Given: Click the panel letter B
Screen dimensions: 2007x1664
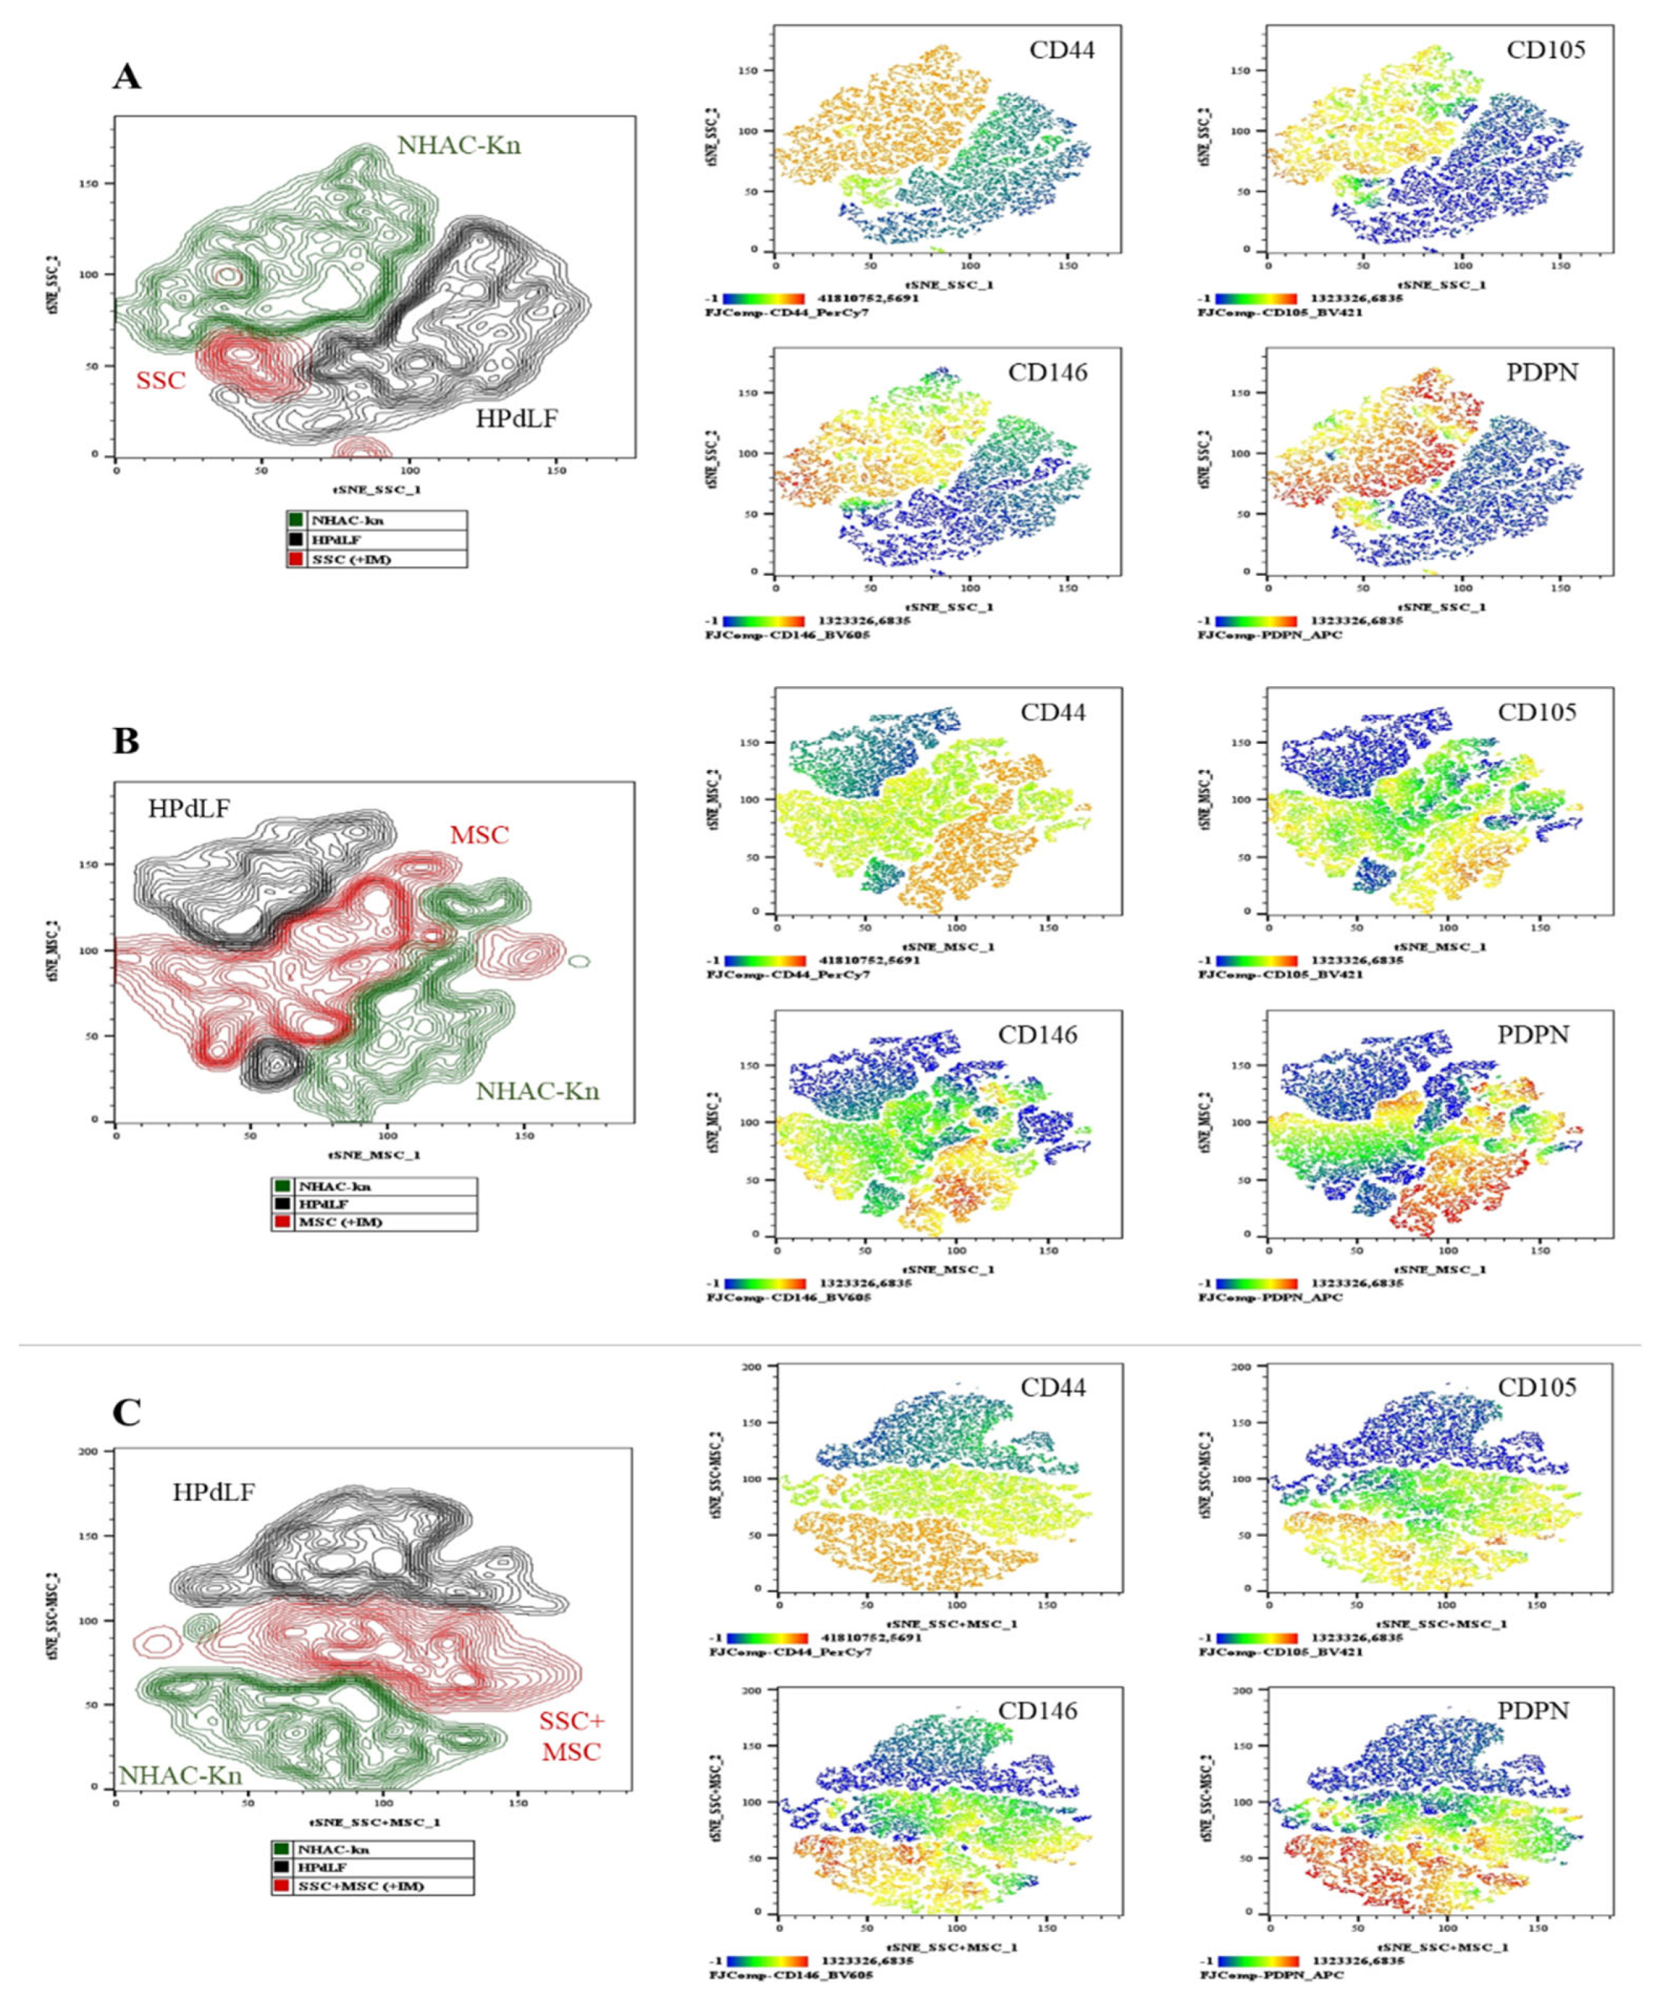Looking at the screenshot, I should point(126,741).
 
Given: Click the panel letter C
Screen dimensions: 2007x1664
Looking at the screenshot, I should point(127,1412).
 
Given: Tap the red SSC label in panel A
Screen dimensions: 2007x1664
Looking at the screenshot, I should point(160,380).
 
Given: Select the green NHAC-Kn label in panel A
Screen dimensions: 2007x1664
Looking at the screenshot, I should point(459,146).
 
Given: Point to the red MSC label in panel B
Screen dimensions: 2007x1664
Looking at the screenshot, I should point(479,834).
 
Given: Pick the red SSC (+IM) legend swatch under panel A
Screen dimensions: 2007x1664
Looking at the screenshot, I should point(296,559).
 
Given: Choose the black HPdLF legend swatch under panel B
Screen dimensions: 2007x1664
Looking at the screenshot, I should point(282,1204).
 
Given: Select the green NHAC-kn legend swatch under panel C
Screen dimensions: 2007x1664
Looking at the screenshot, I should point(282,1850).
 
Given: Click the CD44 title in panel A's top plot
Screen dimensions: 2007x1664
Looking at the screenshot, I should point(1061,49).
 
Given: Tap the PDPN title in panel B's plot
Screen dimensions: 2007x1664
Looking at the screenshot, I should point(1537,1034).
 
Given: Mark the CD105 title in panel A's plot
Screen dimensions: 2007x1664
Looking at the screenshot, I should point(1545,49).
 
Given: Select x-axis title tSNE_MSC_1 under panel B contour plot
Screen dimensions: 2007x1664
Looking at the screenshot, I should point(375,1155).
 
